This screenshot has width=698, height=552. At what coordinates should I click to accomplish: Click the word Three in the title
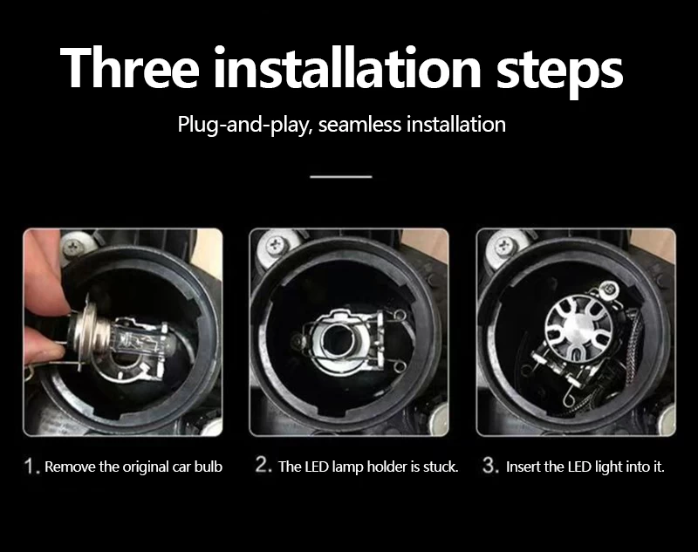point(129,68)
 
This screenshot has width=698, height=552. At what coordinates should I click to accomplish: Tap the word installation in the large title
point(347,67)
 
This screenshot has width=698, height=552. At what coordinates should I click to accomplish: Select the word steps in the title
point(559,72)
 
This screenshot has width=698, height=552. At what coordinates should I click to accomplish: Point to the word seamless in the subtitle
point(360,124)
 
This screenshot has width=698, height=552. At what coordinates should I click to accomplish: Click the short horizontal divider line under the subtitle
point(341,177)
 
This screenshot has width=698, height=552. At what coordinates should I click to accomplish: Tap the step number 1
point(30,467)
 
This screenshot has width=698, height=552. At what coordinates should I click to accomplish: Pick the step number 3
point(489,466)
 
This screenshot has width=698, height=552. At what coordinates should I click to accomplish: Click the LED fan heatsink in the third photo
point(578,324)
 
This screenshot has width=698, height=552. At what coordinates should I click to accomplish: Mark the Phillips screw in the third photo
point(504,245)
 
